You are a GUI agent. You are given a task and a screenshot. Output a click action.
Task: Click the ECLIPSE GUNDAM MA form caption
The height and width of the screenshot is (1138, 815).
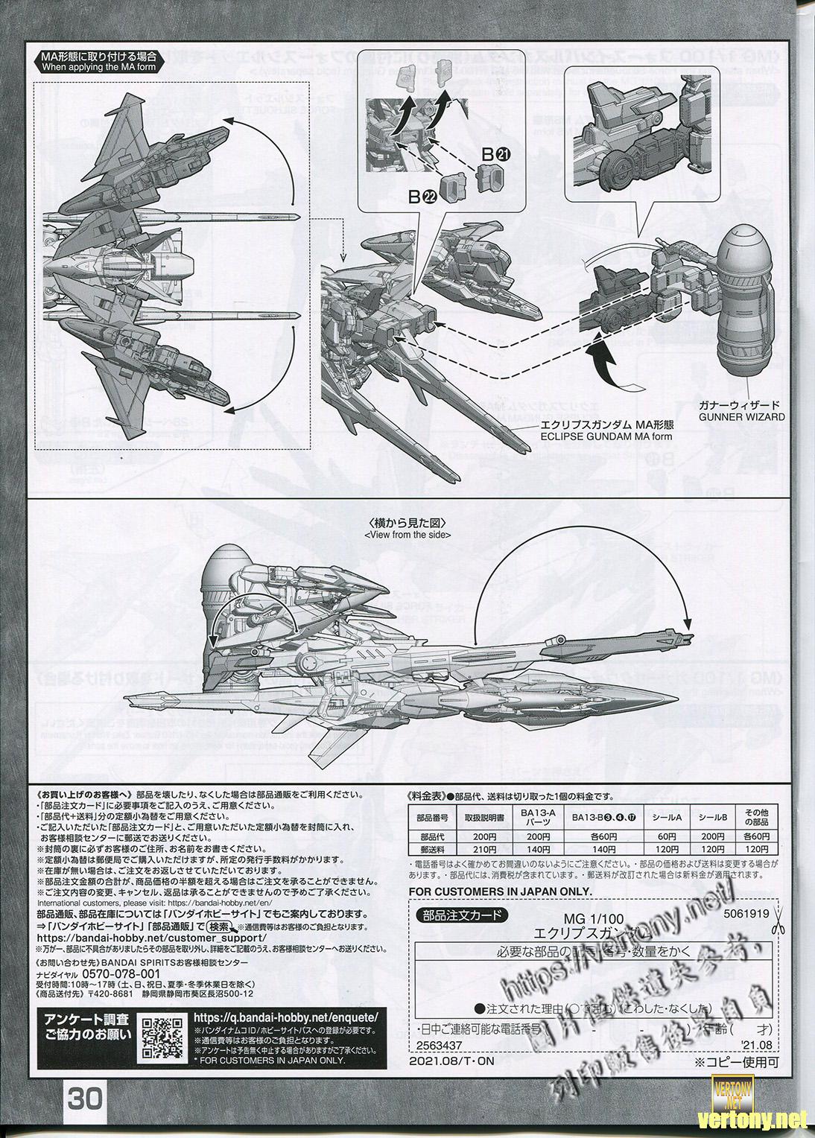point(606,432)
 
